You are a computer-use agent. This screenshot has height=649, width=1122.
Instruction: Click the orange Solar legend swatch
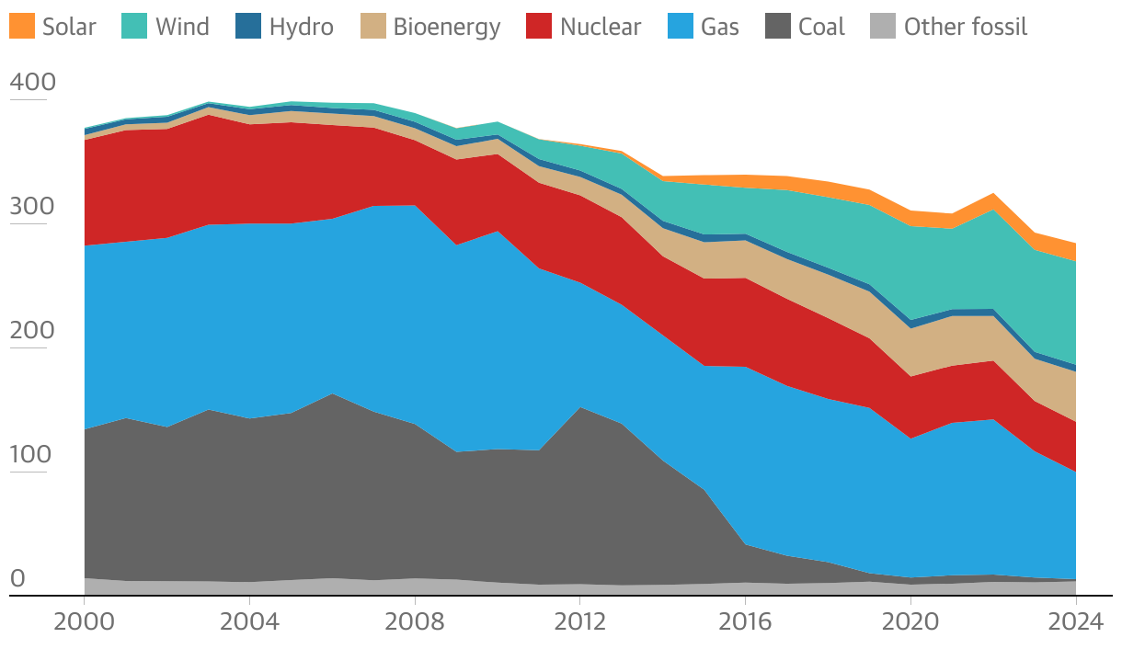pyautogui.click(x=22, y=27)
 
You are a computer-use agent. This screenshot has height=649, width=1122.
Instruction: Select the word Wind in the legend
pyautogui.click(x=182, y=27)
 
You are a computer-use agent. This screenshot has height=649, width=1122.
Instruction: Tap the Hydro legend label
pyautogui.click(x=301, y=27)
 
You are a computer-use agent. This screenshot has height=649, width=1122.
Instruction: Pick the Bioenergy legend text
pyautogui.click(x=446, y=27)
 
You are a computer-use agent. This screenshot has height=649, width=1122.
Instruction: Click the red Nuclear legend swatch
pyautogui.click(x=538, y=27)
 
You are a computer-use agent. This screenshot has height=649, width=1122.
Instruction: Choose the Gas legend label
pyautogui.click(x=719, y=27)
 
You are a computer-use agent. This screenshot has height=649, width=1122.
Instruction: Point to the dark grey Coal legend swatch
pyautogui.click(x=777, y=27)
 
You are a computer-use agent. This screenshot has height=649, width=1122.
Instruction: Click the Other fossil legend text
pyautogui.click(x=965, y=27)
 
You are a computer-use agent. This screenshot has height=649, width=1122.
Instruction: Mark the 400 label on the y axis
pyautogui.click(x=32, y=83)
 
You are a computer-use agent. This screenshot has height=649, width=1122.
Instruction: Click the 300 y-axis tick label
pyautogui.click(x=32, y=207)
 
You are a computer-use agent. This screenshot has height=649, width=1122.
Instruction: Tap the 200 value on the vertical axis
pyautogui.click(x=32, y=331)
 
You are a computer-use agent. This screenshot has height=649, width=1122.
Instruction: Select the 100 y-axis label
pyautogui.click(x=32, y=455)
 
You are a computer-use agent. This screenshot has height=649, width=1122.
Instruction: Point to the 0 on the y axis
pyautogui.click(x=17, y=579)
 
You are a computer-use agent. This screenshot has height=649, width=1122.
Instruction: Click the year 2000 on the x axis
pyautogui.click(x=84, y=621)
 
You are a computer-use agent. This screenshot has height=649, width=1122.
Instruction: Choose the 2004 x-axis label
pyautogui.click(x=249, y=621)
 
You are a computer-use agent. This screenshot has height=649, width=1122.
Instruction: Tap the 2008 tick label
pyautogui.click(x=415, y=621)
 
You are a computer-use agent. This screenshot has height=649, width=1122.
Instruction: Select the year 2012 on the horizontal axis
pyautogui.click(x=579, y=621)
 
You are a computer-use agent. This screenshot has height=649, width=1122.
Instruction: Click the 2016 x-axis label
pyautogui.click(x=745, y=621)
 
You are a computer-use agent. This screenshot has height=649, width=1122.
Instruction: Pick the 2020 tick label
pyautogui.click(x=910, y=621)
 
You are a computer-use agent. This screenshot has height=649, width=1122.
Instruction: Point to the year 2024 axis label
pyautogui.click(x=1075, y=621)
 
